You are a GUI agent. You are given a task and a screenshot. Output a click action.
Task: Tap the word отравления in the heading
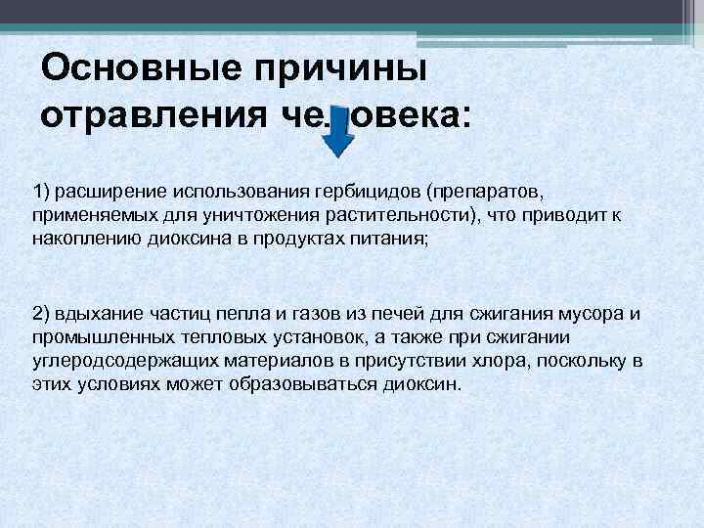(x=146, y=117)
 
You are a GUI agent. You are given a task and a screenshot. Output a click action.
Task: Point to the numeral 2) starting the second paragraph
(x=42, y=314)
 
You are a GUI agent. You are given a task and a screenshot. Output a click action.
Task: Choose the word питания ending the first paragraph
(x=391, y=238)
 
